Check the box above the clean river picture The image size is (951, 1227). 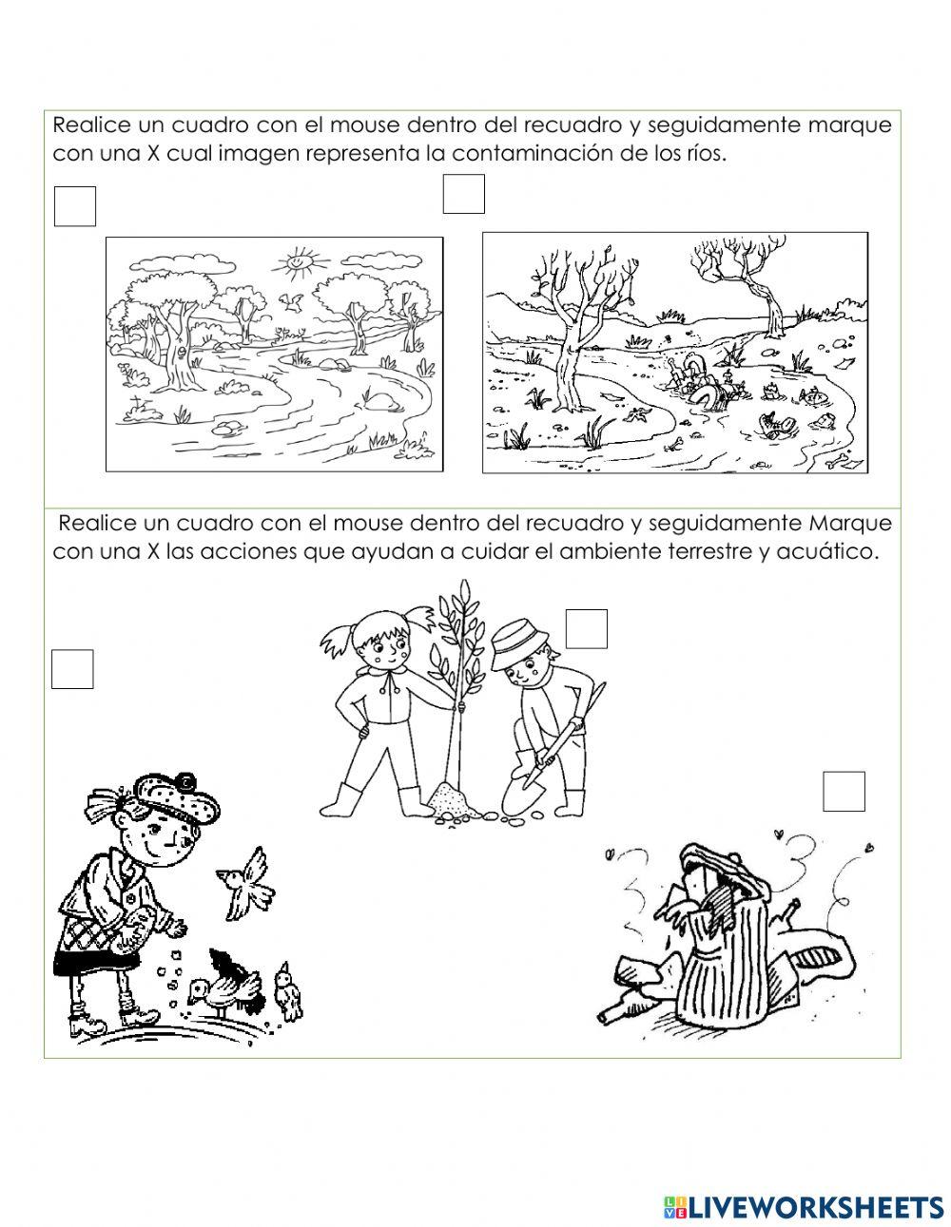click(75, 206)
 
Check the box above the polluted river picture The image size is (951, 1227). click(464, 194)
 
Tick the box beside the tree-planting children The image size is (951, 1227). click(586, 628)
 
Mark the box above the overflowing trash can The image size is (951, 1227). click(844, 791)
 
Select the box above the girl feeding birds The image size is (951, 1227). click(72, 668)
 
